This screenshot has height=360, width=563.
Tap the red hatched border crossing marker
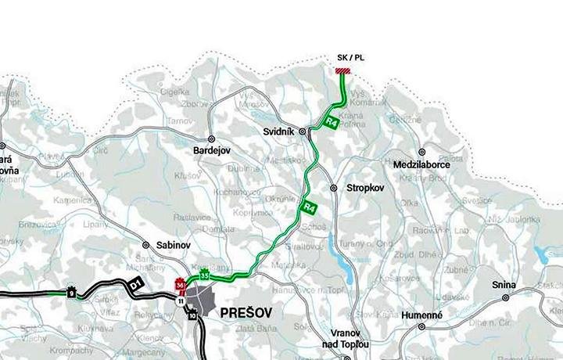click(x=342, y=71)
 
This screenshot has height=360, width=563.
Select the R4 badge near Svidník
click(x=332, y=122)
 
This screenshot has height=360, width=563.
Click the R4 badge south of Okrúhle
click(x=309, y=208)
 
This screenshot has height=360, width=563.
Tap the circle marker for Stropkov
click(x=333, y=189)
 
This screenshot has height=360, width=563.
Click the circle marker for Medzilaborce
click(x=421, y=152)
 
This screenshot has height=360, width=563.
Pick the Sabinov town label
click(x=173, y=244)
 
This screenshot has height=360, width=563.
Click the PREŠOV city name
click(x=248, y=312)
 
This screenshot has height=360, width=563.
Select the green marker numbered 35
click(x=204, y=275)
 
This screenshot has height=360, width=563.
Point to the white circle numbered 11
click(x=181, y=301)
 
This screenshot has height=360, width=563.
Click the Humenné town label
click(x=421, y=315)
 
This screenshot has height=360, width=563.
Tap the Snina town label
click(x=503, y=286)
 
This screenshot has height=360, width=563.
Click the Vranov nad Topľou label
click(x=345, y=337)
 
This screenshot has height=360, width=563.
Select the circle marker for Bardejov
click(x=212, y=138)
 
